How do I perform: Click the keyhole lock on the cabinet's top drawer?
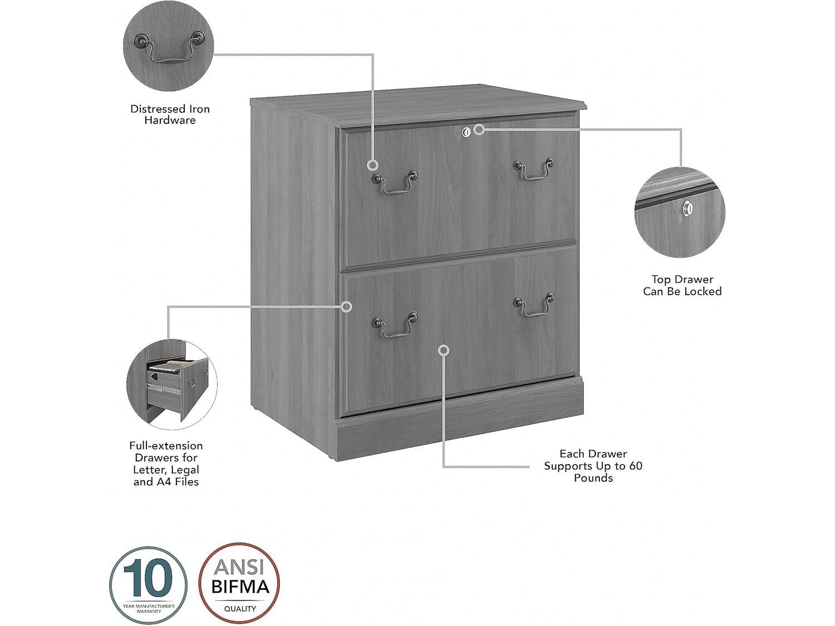tap(466, 131)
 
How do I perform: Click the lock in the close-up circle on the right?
tap(689, 208)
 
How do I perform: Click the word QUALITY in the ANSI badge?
tap(240, 609)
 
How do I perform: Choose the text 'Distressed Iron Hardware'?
tap(170, 115)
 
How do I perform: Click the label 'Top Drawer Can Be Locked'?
tap(682, 285)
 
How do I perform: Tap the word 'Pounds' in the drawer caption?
tap(593, 478)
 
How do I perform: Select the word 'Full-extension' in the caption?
tap(166, 446)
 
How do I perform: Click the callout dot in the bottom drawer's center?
tap(444, 350)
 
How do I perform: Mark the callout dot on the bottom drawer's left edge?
tap(347, 307)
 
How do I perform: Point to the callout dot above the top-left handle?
tap(372, 165)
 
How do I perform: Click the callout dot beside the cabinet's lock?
tap(479, 130)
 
